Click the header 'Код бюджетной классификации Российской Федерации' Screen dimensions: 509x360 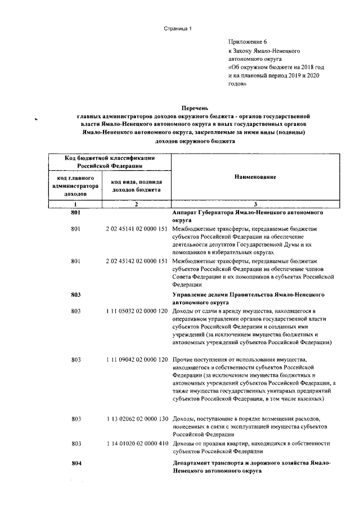pyautogui.click(x=106, y=163)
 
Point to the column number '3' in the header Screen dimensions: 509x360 pyautogui.click(x=255, y=204)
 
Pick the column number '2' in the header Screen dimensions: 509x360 pyautogui.click(x=137, y=204)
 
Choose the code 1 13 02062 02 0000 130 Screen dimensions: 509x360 pyautogui.click(x=137, y=419)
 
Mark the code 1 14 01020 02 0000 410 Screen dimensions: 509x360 pyautogui.click(x=137, y=443)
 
